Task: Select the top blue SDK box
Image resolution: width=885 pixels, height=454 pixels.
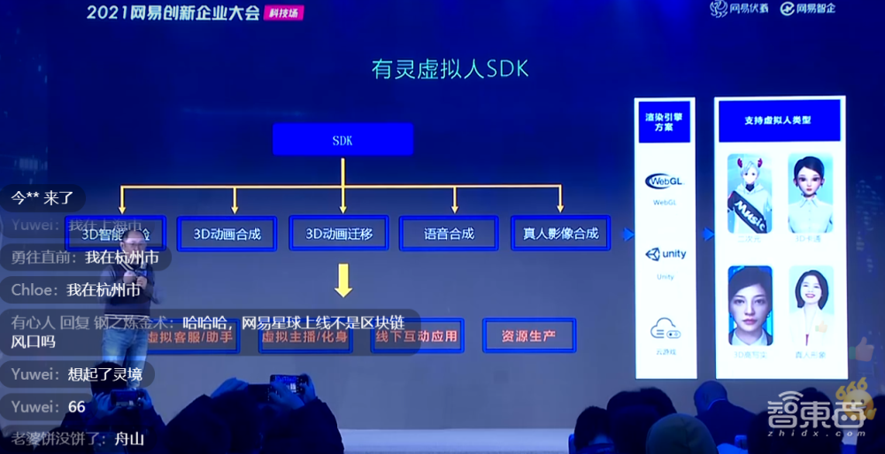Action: point(342,140)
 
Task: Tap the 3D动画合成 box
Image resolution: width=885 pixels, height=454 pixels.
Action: point(227,234)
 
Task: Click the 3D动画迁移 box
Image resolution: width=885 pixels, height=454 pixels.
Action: point(339,234)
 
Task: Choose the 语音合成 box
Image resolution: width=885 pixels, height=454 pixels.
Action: point(450,234)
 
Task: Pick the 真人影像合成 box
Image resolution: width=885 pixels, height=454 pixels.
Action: point(560,234)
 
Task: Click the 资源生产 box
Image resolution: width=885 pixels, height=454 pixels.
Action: point(528,336)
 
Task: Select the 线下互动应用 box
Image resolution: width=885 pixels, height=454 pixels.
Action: point(417,336)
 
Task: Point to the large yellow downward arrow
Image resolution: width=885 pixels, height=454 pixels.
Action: point(343,281)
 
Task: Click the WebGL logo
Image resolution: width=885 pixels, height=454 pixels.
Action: point(665,181)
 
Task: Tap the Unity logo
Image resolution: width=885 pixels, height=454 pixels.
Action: point(665,255)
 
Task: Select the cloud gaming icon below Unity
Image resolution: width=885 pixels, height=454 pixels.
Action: point(665,330)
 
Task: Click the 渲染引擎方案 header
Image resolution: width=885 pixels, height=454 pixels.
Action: point(665,121)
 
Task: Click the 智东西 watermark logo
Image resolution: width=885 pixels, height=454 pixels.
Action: point(827,415)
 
